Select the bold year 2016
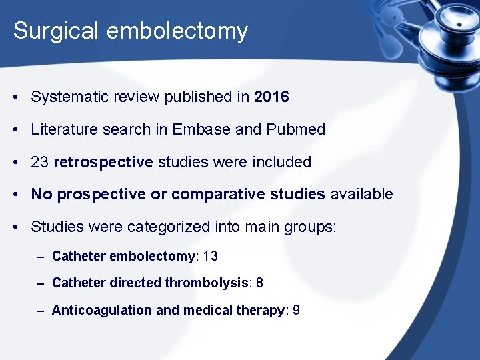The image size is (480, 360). point(272,97)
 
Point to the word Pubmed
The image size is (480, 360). point(297,129)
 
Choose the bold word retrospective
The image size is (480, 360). point(103,162)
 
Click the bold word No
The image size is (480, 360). point(41,195)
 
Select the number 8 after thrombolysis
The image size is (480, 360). point(259,283)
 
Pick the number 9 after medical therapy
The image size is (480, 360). point(296,310)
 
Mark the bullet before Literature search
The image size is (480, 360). point(15,130)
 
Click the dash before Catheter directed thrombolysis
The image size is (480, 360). point(41,283)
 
